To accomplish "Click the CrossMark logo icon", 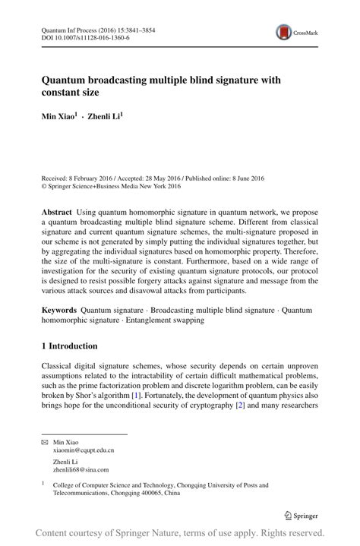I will pos(285,32).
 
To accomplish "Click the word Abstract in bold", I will pos(58,209).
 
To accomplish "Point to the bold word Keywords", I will pos(59,311).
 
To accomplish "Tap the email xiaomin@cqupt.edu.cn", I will pos(83,450).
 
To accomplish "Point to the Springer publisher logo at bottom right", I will pos(302,516).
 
